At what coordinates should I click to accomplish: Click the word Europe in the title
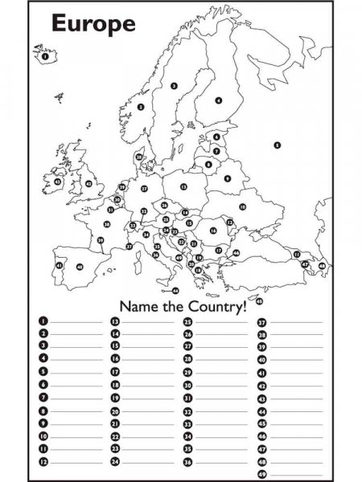click(93, 23)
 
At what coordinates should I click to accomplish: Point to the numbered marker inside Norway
click(140, 106)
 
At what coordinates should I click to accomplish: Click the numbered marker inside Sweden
click(174, 84)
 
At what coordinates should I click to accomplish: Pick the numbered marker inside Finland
click(219, 100)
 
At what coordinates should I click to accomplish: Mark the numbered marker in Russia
click(277, 145)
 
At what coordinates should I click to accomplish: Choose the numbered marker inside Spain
click(79, 266)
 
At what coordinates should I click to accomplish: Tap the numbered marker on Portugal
click(58, 264)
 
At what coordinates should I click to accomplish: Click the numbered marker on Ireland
click(57, 182)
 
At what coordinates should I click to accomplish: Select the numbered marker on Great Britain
click(88, 183)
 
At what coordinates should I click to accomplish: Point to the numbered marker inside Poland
click(183, 186)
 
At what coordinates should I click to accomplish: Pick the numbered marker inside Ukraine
click(241, 206)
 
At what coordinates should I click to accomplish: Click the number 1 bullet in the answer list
click(43, 321)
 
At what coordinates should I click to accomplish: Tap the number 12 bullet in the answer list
click(43, 462)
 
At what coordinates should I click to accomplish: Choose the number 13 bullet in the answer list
click(115, 321)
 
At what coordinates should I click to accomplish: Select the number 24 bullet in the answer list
click(115, 462)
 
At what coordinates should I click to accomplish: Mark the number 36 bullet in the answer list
click(188, 462)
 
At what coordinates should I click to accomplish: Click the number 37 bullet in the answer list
click(261, 321)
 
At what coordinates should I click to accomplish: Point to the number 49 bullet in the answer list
click(261, 474)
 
